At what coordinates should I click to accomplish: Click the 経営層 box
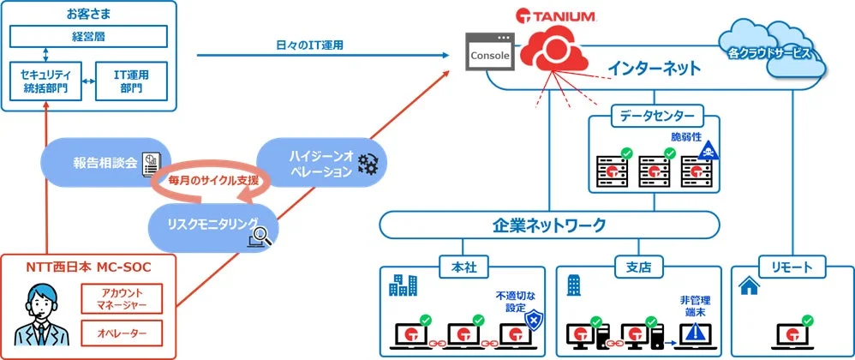click(x=88, y=37)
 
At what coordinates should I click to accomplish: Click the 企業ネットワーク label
click(x=548, y=225)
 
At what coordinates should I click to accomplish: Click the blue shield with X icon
click(x=532, y=321)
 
